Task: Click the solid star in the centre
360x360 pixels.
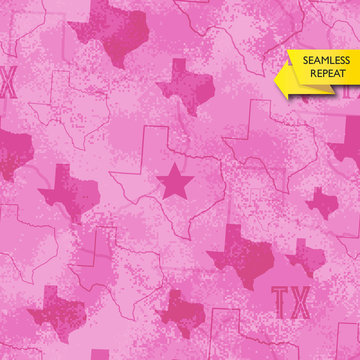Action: (175, 182)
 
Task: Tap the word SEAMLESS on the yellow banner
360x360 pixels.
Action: (325, 61)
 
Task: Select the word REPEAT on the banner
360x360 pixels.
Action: (326, 74)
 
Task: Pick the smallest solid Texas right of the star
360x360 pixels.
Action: (322, 202)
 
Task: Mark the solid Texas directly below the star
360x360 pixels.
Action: (183, 313)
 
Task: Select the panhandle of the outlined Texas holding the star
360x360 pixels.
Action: (157, 145)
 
